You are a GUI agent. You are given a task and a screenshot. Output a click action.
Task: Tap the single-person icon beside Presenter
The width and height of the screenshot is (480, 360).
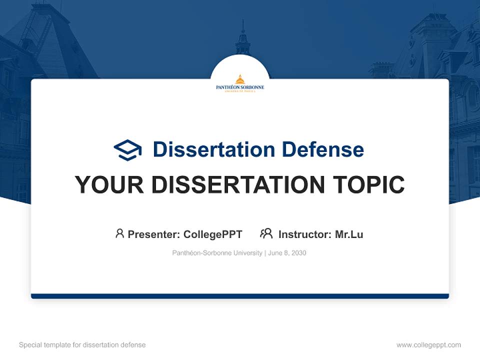[119, 233]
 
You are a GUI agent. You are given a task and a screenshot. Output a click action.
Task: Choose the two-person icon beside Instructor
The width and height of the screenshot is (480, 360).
[266, 233]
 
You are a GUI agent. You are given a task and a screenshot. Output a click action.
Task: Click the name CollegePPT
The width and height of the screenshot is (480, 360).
[213, 234]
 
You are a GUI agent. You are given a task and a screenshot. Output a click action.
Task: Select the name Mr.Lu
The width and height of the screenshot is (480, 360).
[349, 234]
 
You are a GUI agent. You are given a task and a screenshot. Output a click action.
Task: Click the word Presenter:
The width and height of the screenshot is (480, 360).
[154, 234]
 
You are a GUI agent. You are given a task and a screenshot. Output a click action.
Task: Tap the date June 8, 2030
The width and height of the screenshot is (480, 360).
[287, 253]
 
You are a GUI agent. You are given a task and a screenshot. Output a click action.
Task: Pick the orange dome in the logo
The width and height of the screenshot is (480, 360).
[240, 79]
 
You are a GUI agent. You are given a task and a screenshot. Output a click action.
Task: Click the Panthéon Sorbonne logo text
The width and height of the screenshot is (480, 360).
[240, 87]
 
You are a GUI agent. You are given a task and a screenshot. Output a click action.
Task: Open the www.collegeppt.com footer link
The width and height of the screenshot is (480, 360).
[428, 345]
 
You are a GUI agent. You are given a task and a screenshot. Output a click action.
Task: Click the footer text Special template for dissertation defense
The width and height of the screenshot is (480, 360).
[82, 345]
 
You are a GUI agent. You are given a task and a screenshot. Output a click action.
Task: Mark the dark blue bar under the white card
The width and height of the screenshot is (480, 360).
[240, 296]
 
